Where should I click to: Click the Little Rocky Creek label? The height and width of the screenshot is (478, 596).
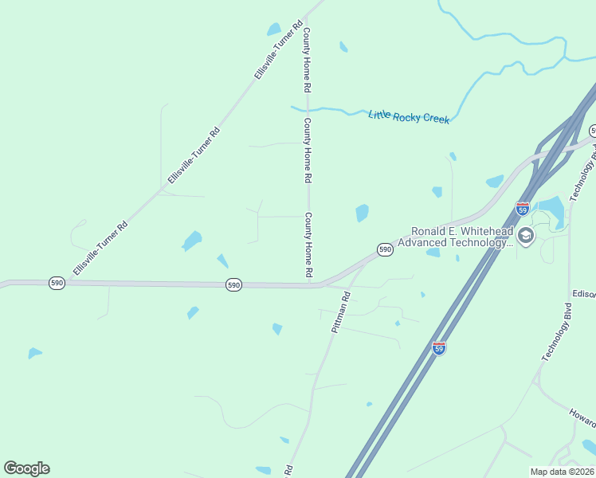coord(409,117)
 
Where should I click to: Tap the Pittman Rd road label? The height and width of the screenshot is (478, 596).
coord(341,311)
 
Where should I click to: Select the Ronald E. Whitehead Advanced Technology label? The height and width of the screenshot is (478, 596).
coord(455,237)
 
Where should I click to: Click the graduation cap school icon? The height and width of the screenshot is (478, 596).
coord(525,235)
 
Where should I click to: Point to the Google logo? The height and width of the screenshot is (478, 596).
coord(26,468)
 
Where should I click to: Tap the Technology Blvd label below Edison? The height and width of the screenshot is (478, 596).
coord(557,333)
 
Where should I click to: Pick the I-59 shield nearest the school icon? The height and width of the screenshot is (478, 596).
coord(523,209)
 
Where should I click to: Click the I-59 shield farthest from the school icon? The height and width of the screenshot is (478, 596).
coord(439,348)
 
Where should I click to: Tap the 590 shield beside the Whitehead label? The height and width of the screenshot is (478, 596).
coord(385,249)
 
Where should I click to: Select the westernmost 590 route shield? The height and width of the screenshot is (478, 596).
coord(57,283)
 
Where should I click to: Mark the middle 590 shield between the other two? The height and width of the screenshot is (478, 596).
coord(233,284)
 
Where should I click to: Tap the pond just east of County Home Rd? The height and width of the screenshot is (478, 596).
coord(363,213)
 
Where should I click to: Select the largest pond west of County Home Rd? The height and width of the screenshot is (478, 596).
coord(192,240)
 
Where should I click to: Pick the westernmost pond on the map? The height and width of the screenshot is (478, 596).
coord(34,353)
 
